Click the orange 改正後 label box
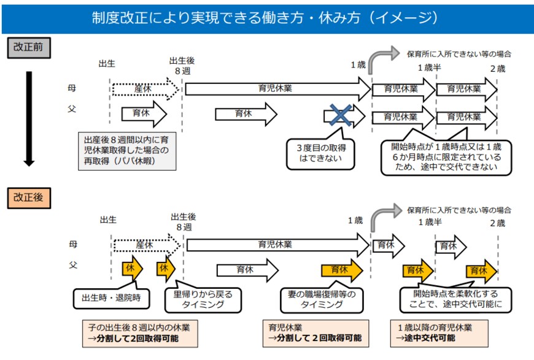pos(28,198)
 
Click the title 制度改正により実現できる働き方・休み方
pos(266,17)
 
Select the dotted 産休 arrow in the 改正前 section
pos(145,90)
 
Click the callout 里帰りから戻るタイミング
pos(199,299)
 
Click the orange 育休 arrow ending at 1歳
pos(341,270)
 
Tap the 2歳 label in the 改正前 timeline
pos(497,67)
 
